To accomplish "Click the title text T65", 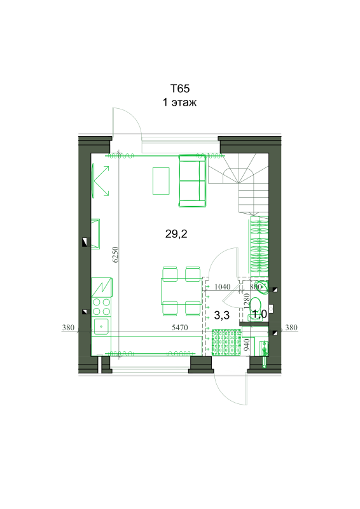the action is click(180, 88).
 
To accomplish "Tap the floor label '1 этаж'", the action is click(179, 102).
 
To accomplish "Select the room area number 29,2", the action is click(176, 234).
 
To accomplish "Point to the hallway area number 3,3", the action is click(222, 315).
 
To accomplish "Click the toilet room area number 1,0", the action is click(260, 314).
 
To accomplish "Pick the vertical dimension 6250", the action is click(116, 254).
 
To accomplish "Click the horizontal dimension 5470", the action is click(180, 328).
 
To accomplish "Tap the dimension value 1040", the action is click(223, 287).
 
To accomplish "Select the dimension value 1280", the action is click(247, 300).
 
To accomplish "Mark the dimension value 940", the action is click(247, 344).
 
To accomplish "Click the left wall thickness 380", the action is click(68, 328).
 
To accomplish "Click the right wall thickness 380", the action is click(291, 328).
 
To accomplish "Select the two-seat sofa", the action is click(192, 181).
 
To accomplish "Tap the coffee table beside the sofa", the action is click(161, 181).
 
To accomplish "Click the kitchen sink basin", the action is click(101, 326).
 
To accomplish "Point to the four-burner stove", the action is click(101, 307).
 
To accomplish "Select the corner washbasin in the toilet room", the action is click(262, 287).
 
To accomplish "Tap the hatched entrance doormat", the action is click(226, 342).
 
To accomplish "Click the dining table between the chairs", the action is click(181, 291).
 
